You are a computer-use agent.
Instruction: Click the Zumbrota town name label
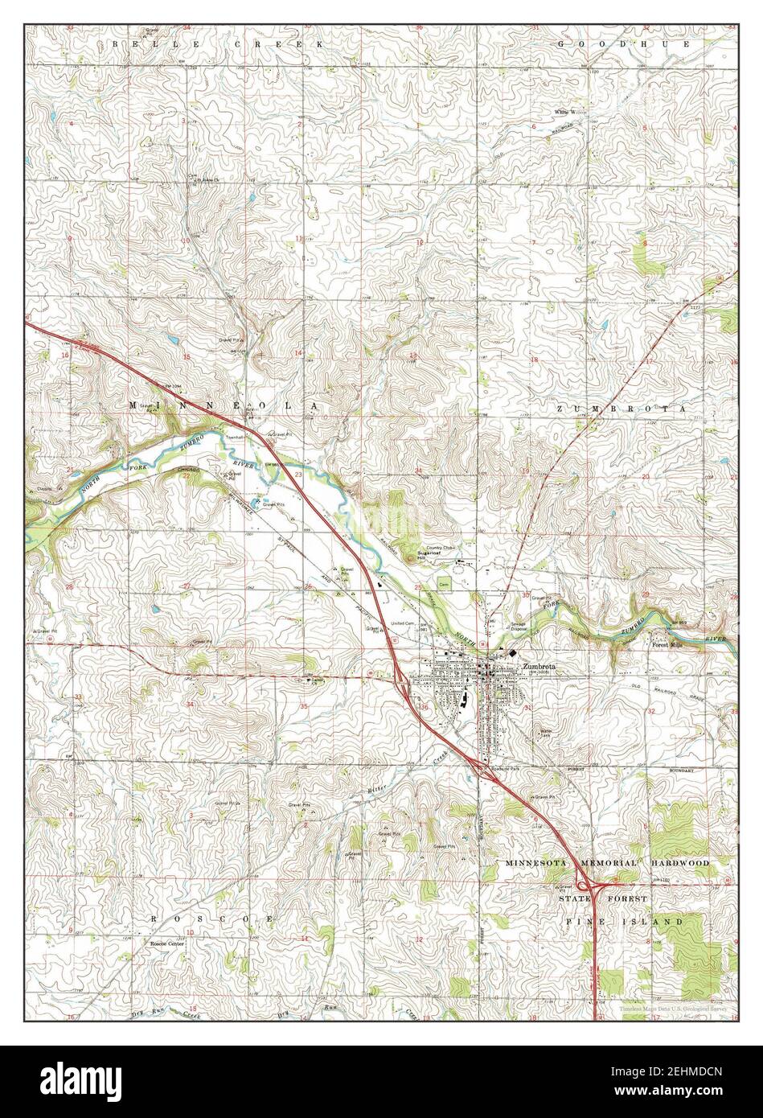pos(538,666)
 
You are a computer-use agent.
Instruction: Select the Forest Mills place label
pos(665,643)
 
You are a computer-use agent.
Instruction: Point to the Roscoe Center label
pos(167,943)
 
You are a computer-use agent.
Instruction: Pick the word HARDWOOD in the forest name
pos(682,862)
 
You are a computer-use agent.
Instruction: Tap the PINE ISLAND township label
pos(623,920)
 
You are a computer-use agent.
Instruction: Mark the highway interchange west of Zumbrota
pos(401,682)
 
